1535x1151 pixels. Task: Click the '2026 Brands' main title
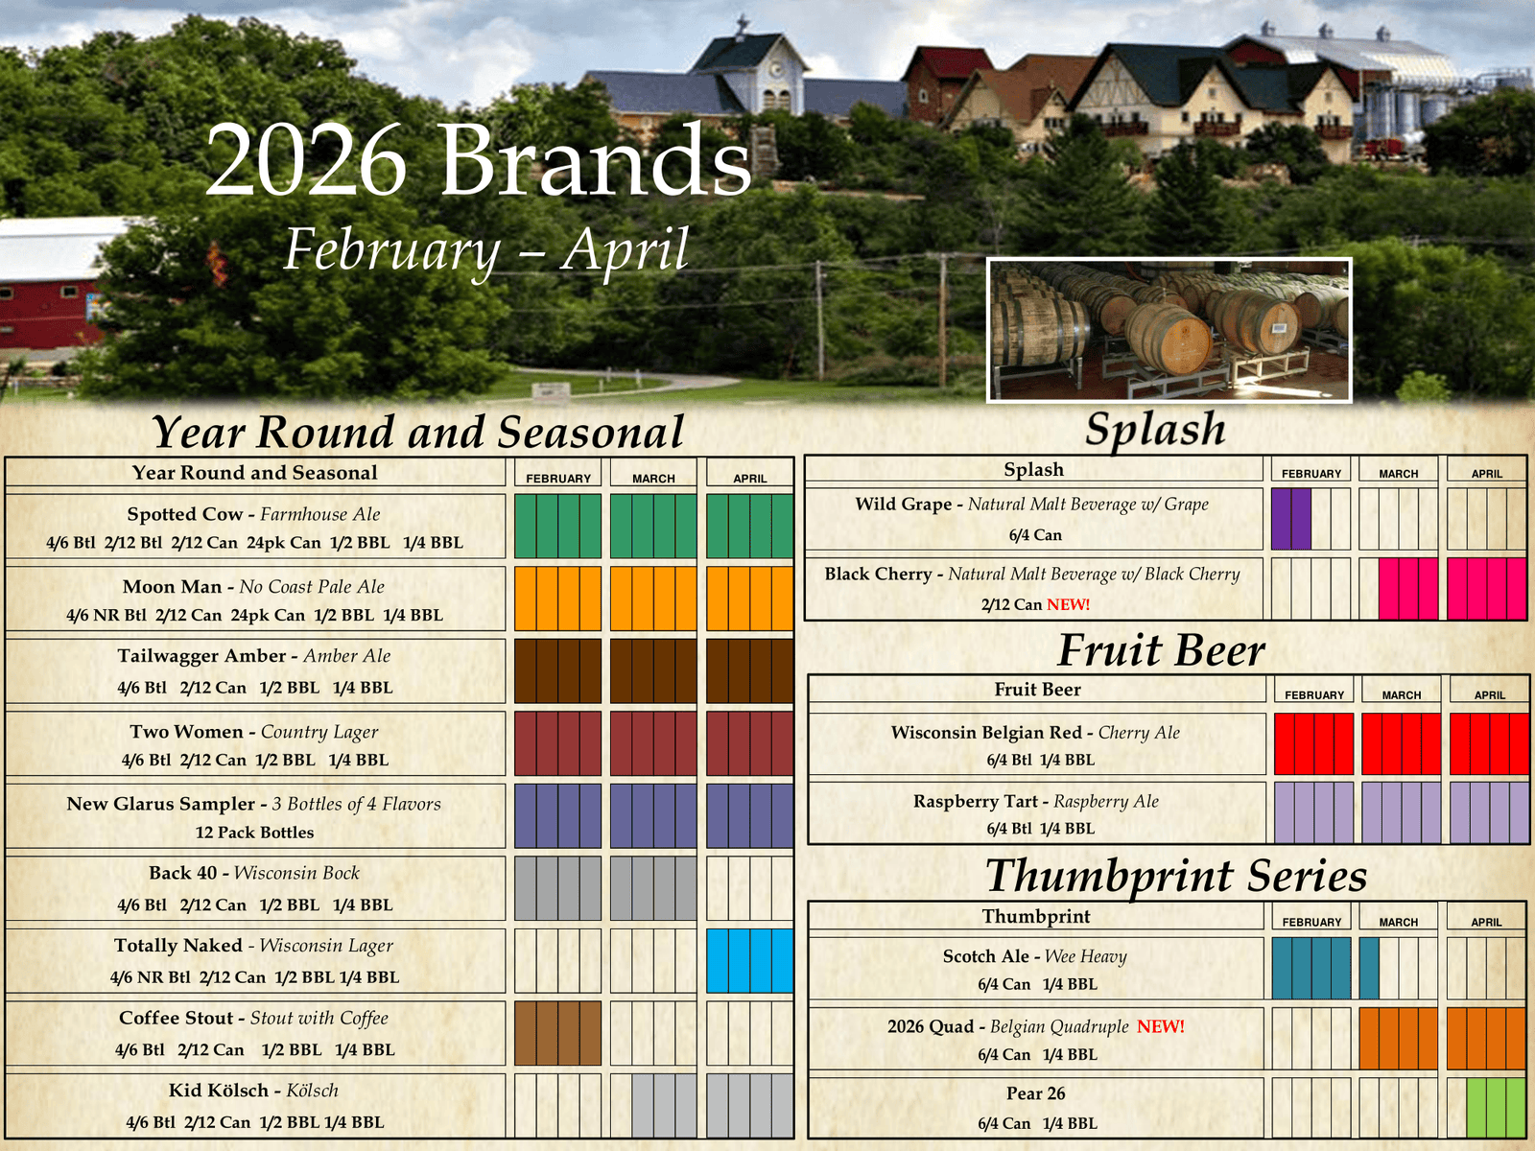(479, 159)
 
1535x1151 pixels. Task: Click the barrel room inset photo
(1169, 330)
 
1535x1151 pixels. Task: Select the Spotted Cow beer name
(184, 514)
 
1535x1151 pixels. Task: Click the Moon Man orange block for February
(557, 599)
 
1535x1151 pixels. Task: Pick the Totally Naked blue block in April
(749, 961)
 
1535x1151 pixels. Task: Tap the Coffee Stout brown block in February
(557, 1033)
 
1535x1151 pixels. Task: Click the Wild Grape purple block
(1291, 519)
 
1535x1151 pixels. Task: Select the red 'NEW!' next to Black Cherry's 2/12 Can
(1068, 604)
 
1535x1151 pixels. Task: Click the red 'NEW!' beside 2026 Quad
(1160, 1026)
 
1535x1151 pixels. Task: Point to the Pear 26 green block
(1496, 1108)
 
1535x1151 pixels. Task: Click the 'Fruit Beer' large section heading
(1161, 651)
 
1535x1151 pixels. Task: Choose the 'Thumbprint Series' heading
(1176, 877)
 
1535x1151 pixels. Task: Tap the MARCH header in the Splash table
(1399, 474)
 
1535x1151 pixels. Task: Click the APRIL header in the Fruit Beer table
(1490, 695)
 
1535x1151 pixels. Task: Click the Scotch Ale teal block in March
(1369, 968)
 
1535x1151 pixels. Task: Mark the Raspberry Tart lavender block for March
(1401, 812)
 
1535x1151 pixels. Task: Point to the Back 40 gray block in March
(653, 888)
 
